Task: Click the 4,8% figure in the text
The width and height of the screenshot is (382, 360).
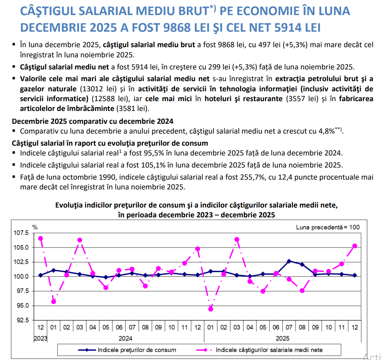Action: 326,131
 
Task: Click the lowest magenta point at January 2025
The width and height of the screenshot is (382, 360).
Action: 211,309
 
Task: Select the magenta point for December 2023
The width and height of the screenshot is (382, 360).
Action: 40,238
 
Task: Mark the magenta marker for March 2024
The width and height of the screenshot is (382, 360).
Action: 80,240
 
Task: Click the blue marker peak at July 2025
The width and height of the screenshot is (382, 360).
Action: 289,261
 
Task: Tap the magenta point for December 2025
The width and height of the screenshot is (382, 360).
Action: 354,246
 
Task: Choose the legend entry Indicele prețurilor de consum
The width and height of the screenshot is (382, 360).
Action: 136,350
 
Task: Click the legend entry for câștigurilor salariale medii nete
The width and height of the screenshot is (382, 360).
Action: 269,350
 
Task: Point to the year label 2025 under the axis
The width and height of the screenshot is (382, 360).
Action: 283,338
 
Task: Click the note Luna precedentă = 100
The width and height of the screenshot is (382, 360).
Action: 328,227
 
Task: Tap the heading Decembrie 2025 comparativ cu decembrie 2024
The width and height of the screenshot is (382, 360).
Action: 93,122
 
